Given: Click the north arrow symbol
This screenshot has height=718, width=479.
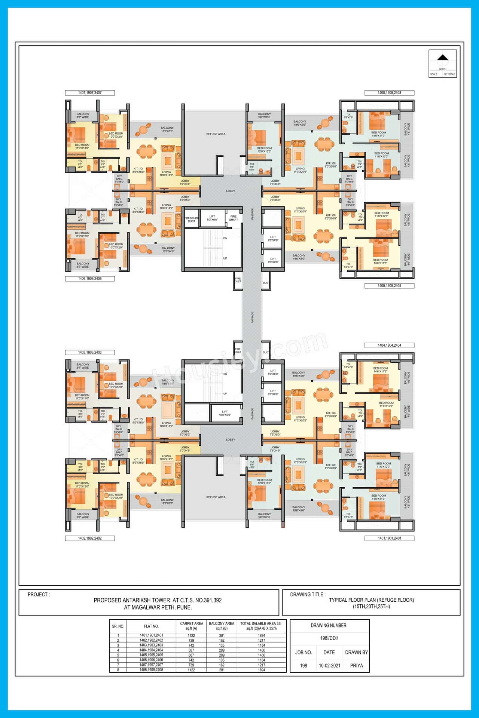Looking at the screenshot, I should [443, 58].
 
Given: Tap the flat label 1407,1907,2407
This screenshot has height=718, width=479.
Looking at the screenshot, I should [90, 93].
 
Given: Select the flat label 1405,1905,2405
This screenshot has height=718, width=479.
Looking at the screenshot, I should [389, 286].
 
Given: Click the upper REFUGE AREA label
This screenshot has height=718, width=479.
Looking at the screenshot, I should [216, 134].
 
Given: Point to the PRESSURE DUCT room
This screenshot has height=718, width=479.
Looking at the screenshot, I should [191, 220].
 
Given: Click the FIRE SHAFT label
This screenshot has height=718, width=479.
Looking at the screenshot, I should [234, 218].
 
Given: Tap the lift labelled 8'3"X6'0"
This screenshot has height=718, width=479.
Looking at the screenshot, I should [212, 218].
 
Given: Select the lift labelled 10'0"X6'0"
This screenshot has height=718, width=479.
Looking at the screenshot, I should [225, 413].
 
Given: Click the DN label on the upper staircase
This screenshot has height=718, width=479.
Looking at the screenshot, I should [225, 238].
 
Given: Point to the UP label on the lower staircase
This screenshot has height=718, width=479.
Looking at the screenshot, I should [225, 393].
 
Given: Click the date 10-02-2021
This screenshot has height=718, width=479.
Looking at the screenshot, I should [329, 666].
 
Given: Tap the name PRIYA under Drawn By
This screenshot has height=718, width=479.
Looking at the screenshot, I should [356, 666].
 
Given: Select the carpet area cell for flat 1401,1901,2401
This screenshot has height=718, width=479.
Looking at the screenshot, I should [191, 635].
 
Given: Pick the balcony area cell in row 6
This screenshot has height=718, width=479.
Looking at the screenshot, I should [222, 660].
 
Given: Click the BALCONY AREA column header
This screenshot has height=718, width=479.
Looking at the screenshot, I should [222, 626].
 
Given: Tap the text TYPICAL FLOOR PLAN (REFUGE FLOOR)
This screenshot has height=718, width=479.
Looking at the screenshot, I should [371, 600].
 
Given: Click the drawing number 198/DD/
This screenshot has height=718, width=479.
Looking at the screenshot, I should [329, 638].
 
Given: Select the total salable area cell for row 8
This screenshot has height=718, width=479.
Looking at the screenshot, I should [261, 670].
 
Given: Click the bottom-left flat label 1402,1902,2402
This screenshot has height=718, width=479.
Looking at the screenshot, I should [90, 538].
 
